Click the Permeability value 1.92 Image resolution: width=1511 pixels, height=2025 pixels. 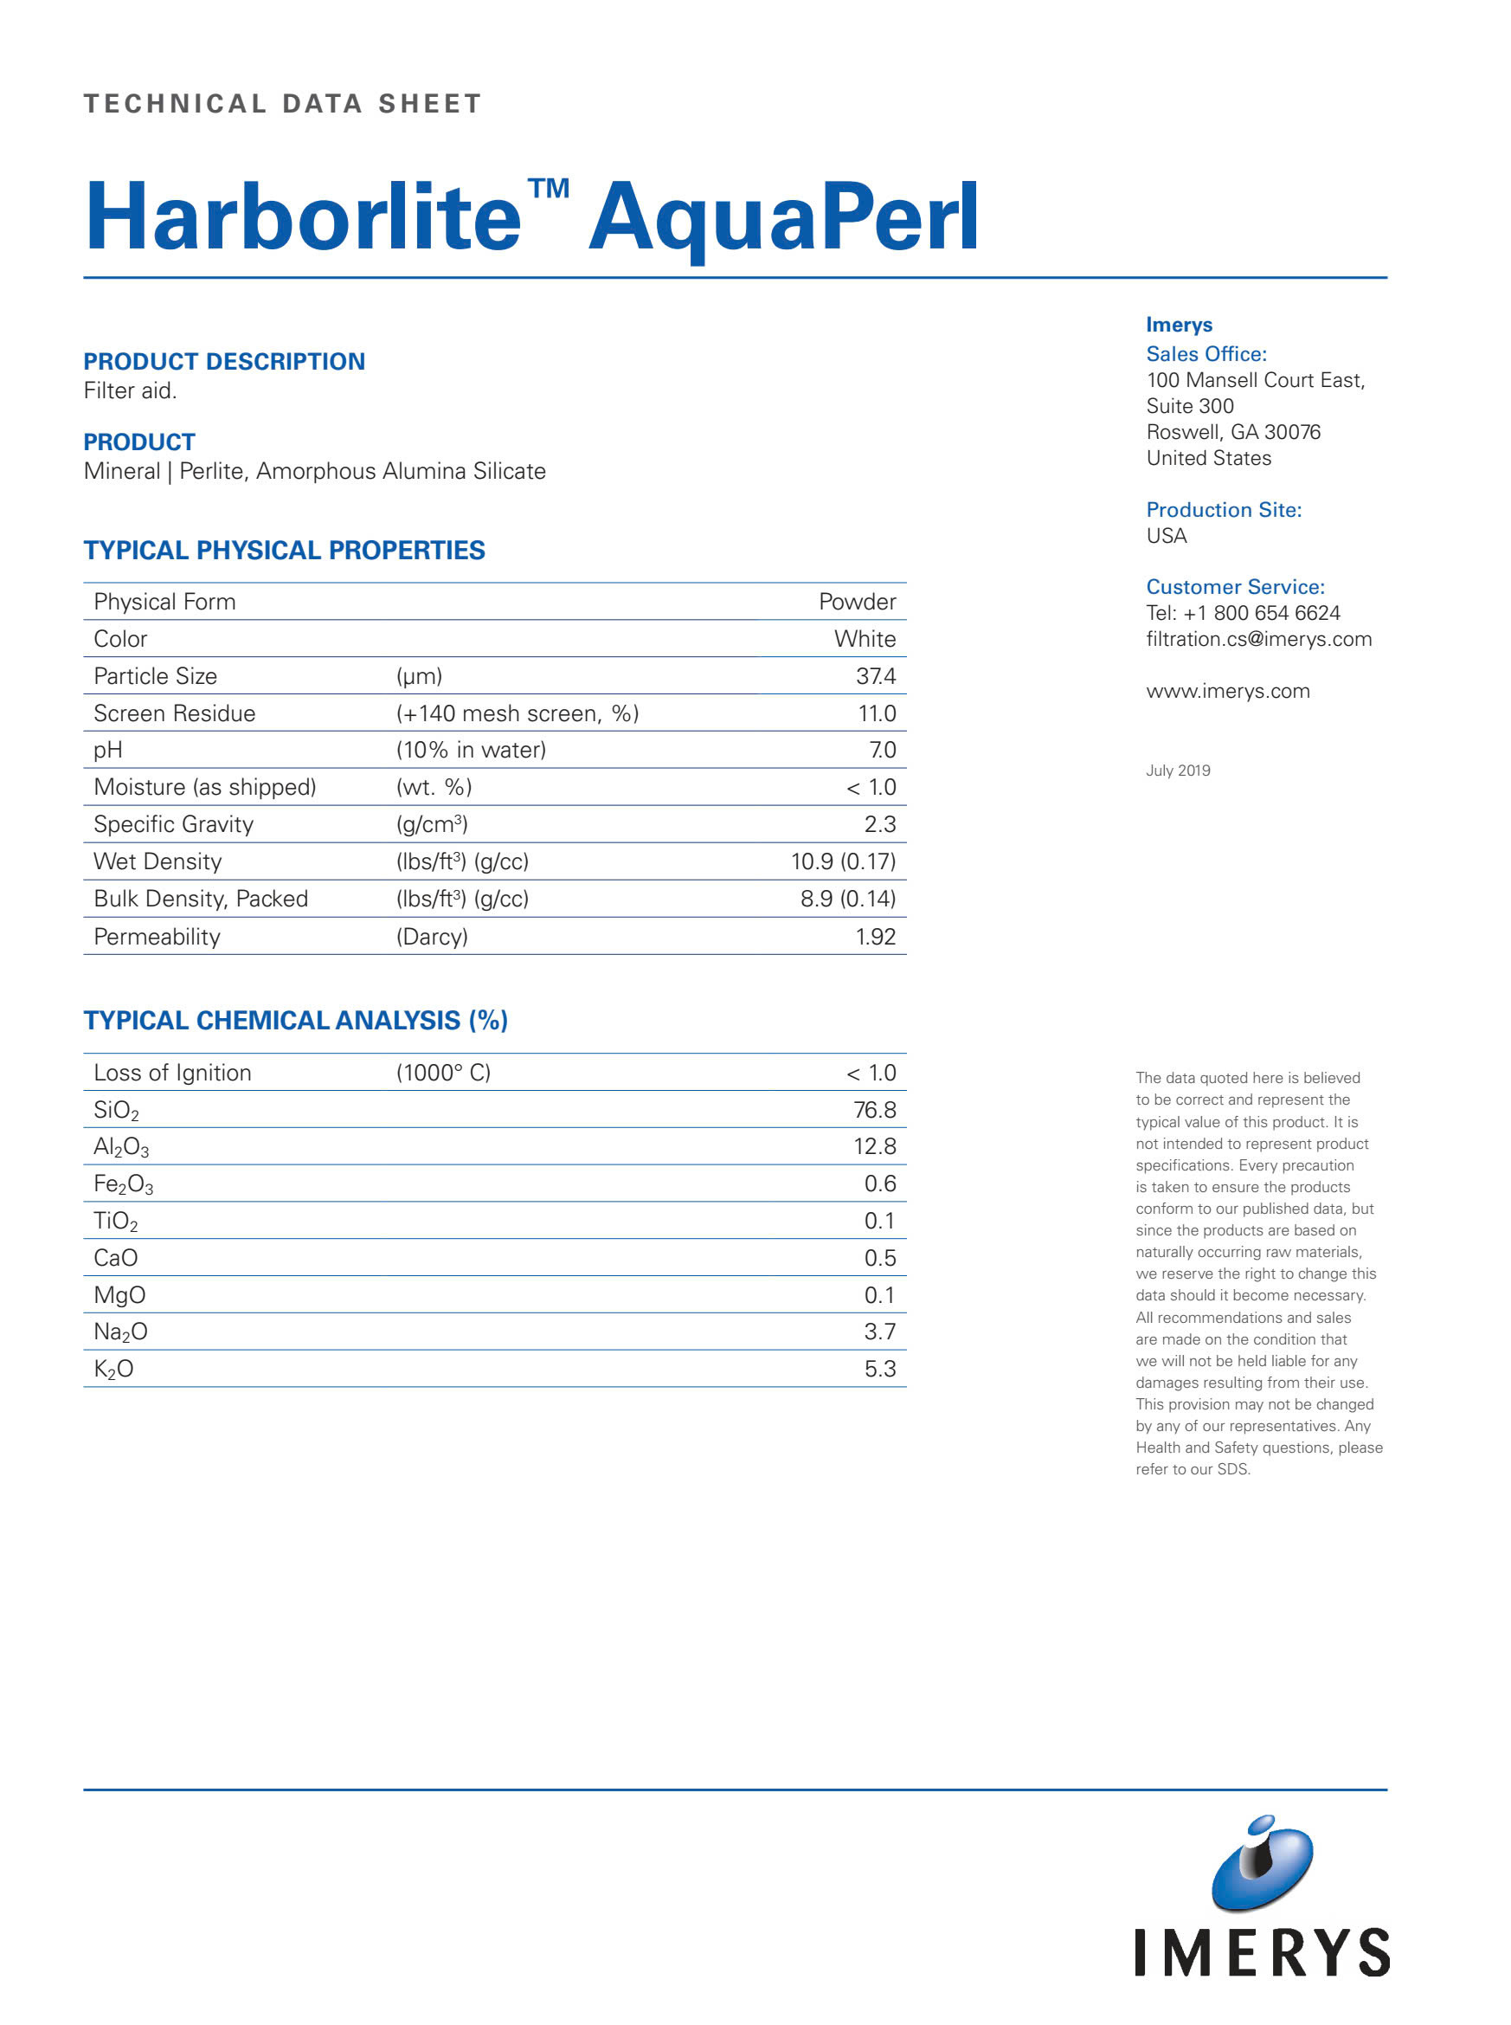874,936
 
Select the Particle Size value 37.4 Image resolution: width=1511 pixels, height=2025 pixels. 874,676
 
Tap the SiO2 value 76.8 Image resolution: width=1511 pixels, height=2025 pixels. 873,1110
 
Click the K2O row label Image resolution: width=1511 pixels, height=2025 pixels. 113,1369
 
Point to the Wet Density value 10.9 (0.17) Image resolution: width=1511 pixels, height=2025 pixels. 842,861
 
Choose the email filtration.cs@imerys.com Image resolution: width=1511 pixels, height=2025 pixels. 1258,639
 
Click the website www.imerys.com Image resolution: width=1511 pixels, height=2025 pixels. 1227,691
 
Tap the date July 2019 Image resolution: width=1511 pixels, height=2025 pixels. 1177,771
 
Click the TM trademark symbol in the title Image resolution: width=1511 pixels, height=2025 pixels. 549,189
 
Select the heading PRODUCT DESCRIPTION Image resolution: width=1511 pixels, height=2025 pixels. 224,361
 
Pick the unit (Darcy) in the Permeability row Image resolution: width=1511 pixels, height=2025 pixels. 432,936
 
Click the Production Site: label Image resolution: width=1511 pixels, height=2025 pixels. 1223,510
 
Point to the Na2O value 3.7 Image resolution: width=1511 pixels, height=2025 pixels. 879,1332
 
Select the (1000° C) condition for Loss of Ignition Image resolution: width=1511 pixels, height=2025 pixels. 443,1073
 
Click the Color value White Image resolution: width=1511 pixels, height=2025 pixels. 865,639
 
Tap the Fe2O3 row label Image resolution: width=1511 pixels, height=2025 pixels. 124,1184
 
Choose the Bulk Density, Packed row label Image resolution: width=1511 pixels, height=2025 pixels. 200,899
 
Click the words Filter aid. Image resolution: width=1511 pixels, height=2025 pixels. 130,390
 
